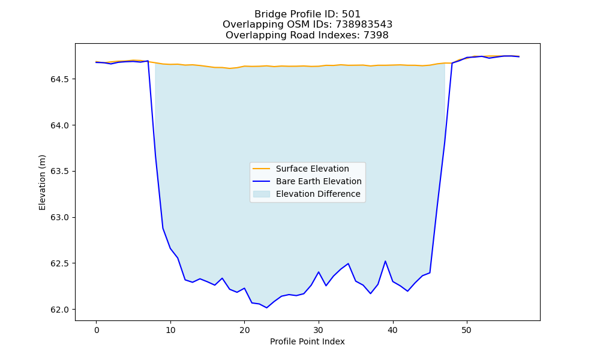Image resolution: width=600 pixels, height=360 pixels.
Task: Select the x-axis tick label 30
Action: click(319, 330)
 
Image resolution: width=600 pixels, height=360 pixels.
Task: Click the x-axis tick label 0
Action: click(97, 330)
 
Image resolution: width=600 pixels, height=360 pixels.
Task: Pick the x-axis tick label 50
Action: click(466, 330)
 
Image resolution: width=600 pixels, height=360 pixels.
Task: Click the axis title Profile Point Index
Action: click(307, 341)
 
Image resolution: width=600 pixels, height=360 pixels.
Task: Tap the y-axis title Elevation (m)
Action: click(42, 182)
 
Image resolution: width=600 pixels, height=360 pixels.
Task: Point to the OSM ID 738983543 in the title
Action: click(364, 25)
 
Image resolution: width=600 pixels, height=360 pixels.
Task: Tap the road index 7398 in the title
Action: click(376, 35)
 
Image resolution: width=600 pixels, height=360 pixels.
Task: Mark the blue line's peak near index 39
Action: click(385, 261)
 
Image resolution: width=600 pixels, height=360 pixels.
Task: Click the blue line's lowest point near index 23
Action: click(267, 308)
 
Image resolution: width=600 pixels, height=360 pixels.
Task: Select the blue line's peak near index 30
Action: click(319, 272)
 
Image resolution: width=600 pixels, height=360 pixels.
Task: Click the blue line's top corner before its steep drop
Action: click(148, 61)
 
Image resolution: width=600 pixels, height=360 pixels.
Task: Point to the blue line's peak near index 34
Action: click(348, 263)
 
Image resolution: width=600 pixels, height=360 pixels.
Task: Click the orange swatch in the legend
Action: click(262, 169)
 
